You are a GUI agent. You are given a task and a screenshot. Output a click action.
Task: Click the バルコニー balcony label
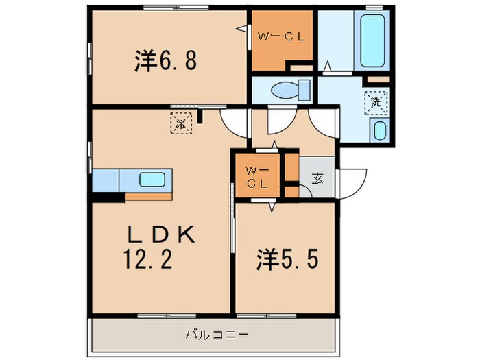217,336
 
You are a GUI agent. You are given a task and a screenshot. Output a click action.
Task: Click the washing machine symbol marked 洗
376,102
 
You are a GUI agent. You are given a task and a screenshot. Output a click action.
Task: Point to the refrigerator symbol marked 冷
181,124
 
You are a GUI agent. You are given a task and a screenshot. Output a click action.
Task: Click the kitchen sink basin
152,180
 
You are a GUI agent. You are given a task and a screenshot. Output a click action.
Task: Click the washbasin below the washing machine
379,130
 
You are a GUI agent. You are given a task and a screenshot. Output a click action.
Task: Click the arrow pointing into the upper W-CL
241,28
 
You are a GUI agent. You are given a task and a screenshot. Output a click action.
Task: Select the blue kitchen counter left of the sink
106,180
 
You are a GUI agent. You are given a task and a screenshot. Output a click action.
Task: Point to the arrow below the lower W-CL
274,206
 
